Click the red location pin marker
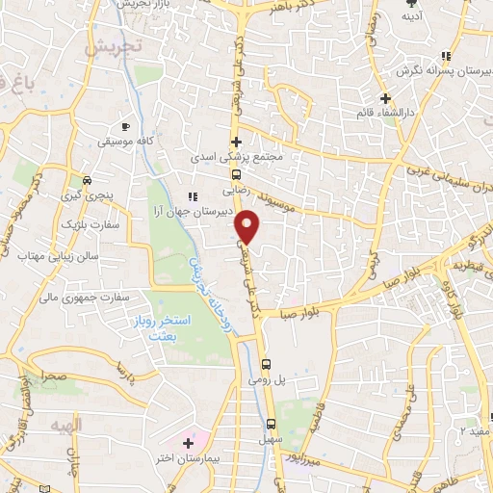(249, 226)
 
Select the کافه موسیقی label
(122, 143)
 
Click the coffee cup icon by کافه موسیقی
(124, 126)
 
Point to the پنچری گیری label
(88, 195)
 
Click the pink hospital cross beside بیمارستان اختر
(188, 442)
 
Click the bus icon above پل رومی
(268, 363)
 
